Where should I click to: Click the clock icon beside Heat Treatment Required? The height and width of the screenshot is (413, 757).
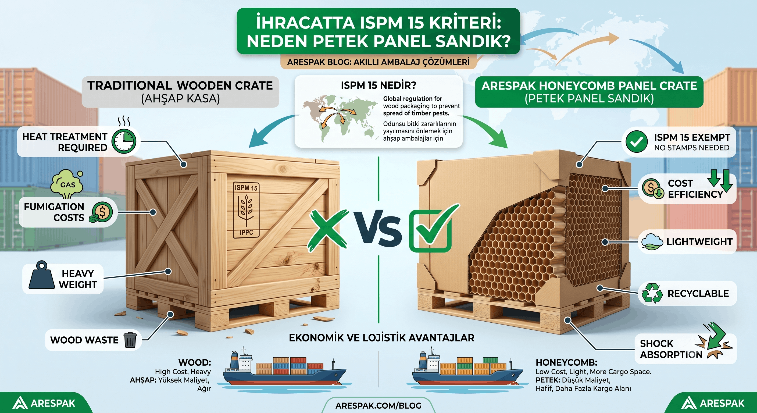[124, 141]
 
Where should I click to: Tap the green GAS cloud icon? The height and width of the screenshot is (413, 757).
[67, 184]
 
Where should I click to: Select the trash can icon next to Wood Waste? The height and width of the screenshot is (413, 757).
[130, 340]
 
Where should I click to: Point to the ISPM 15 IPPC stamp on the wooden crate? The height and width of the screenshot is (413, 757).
[246, 210]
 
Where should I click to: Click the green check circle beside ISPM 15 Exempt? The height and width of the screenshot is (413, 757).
[636, 142]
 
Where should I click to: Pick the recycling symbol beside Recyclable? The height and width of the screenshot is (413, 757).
[652, 293]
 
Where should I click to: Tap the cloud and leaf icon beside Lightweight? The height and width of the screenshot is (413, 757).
[652, 242]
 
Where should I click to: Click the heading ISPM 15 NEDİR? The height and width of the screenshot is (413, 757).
[378, 86]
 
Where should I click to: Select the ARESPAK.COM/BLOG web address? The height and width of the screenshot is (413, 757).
[378, 406]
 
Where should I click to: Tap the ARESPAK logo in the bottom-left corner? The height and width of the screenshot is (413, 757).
[44, 403]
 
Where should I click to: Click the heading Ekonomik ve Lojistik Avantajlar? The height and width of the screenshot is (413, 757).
[381, 338]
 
